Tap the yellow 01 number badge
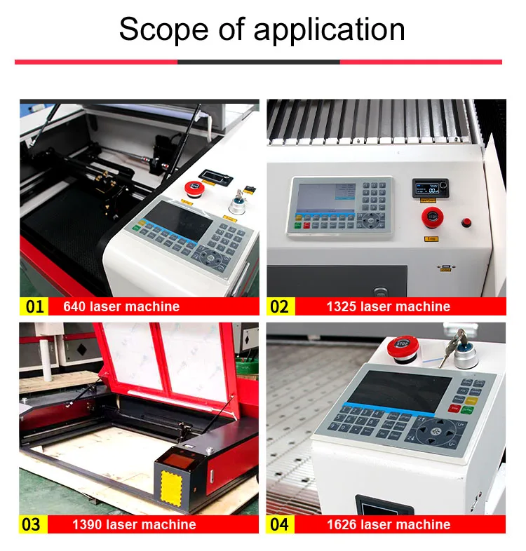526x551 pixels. coord(34,306)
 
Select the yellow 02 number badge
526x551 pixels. coord(280,306)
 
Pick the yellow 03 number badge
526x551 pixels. coord(32,524)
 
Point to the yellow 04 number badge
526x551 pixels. coord(280,524)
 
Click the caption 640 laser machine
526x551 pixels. coord(121,306)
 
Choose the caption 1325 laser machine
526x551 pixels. coord(388,306)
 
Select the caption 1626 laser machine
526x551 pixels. coord(388,524)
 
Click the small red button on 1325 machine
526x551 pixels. coord(466,223)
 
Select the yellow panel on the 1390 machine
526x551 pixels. coord(170,484)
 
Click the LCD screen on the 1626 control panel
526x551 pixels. coord(400,390)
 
